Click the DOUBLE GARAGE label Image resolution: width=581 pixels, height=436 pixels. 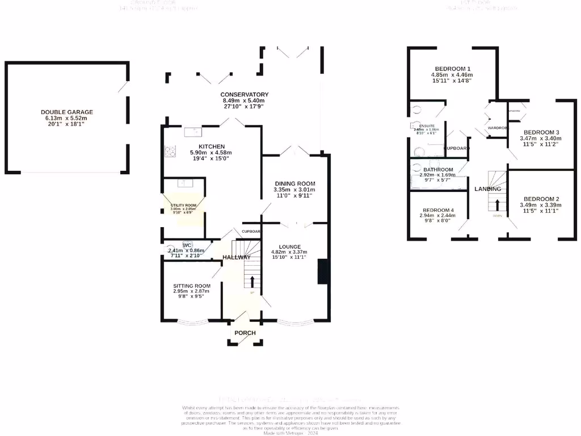(x=66, y=112)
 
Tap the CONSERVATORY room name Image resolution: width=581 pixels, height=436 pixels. (x=245, y=95)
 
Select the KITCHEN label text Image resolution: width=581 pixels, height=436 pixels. (x=211, y=146)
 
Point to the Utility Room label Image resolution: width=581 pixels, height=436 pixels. (x=183, y=205)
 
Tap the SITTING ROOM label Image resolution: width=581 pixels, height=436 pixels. (x=192, y=286)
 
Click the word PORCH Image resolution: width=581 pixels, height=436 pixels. (x=245, y=333)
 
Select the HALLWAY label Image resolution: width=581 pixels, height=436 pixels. (x=237, y=257)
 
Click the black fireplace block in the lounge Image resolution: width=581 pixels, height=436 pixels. (x=323, y=271)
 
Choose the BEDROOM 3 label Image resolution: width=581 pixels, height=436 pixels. (x=540, y=132)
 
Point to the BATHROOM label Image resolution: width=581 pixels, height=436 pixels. (x=437, y=170)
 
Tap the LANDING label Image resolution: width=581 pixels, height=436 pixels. (x=487, y=189)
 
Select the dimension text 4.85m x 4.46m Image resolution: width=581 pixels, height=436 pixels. (x=452, y=75)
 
